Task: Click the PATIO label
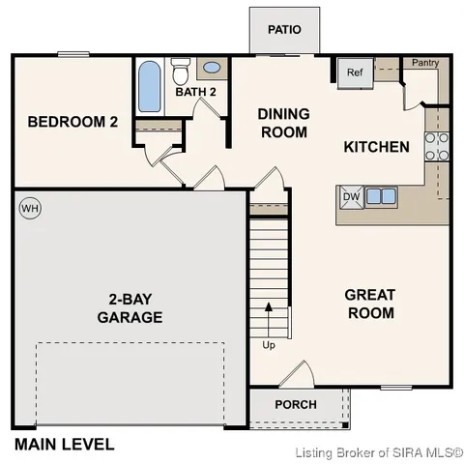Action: pos(284,29)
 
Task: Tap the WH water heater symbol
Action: pos(30,208)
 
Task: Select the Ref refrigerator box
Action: pos(354,72)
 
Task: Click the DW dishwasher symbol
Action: pos(351,196)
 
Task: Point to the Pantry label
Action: pos(424,64)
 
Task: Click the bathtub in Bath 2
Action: pos(149,88)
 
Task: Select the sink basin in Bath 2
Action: pos(212,70)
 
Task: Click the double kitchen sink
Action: pos(380,196)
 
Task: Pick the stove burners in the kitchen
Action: pos(438,145)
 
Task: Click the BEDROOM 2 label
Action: pos(72,122)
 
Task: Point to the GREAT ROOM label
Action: pos(370,304)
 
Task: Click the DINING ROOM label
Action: pos(283,122)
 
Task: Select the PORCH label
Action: pos(296,404)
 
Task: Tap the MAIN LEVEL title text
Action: pos(64,445)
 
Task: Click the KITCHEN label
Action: pos(377,147)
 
